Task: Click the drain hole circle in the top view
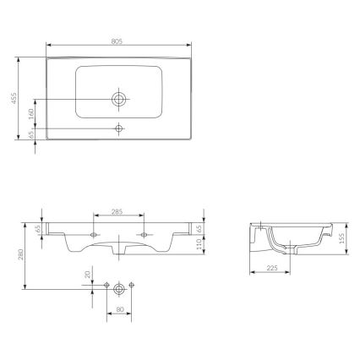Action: click(119, 99)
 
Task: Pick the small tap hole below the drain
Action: click(119, 128)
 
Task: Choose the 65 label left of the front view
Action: click(39, 228)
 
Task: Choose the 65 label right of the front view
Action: click(199, 227)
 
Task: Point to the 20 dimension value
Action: click(87, 275)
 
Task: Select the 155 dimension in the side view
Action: click(341, 238)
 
